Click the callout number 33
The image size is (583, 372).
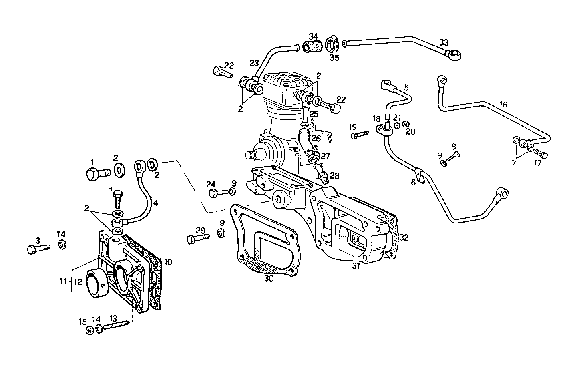click(x=444, y=42)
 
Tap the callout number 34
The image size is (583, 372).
click(x=314, y=37)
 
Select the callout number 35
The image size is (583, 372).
click(x=334, y=58)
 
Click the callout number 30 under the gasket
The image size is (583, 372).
click(x=269, y=279)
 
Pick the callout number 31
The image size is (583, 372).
click(x=356, y=265)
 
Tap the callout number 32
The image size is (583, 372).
click(x=404, y=237)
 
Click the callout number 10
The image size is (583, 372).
click(x=168, y=262)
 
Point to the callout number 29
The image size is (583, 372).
click(x=200, y=230)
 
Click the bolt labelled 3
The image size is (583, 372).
click(x=38, y=249)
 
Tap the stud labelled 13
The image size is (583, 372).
click(x=117, y=326)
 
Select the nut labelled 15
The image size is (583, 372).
click(x=90, y=330)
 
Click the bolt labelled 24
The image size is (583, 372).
click(x=215, y=193)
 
